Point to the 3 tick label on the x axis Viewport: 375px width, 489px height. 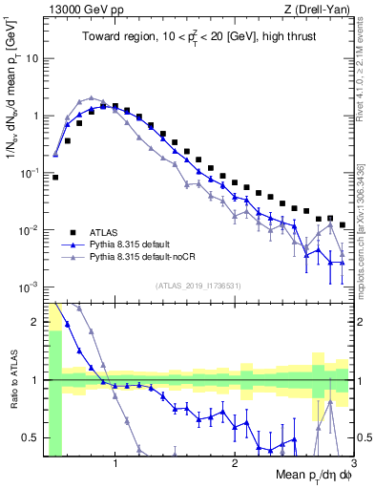(x=352, y=466)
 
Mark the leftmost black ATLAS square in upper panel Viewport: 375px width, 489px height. (x=55, y=177)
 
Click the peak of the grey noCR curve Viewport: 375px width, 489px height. (x=92, y=97)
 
